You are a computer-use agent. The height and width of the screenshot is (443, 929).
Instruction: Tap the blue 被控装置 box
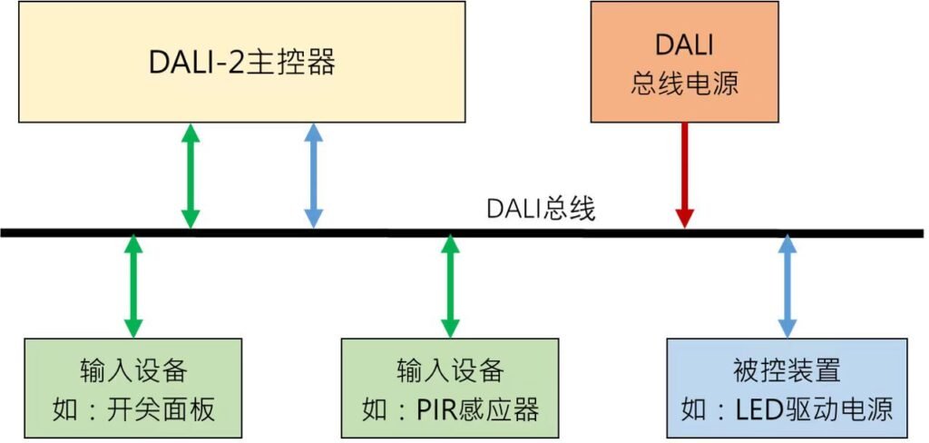click(x=787, y=388)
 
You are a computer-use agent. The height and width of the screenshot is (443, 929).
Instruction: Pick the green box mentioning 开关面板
click(x=132, y=388)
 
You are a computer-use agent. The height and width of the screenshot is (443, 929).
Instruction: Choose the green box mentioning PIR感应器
click(x=450, y=388)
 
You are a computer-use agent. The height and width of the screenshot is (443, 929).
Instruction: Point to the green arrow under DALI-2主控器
click(x=190, y=174)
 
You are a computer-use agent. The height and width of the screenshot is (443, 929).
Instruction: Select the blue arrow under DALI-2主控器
click(x=313, y=174)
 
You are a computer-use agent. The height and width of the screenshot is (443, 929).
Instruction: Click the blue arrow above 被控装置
click(x=787, y=285)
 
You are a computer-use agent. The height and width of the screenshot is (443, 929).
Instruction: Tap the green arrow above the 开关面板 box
click(x=133, y=285)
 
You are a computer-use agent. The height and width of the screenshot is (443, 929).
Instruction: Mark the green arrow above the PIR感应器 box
click(x=450, y=285)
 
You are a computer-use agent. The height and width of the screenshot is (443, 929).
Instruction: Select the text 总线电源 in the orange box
click(x=684, y=84)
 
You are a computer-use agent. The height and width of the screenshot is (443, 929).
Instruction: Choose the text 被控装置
click(x=787, y=370)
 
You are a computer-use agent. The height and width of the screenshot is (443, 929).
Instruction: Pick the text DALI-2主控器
click(x=242, y=63)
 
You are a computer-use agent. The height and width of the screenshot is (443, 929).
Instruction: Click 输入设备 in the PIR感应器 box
click(x=450, y=370)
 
